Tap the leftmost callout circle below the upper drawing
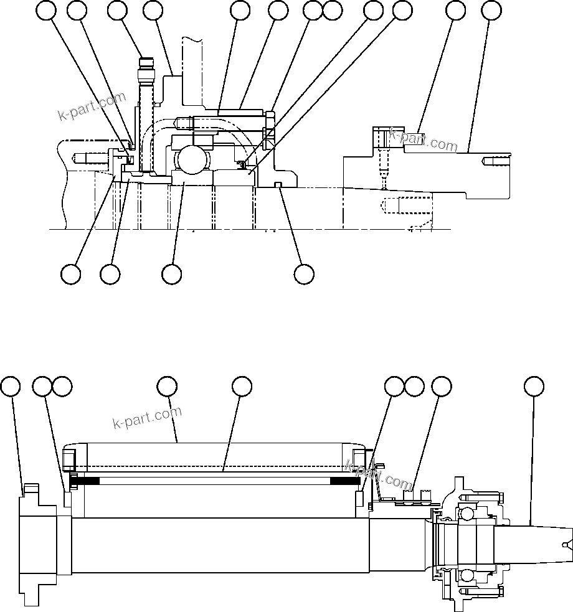[71, 274]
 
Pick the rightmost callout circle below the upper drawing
[304, 274]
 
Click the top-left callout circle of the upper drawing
[46, 10]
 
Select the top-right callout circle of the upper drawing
[491, 10]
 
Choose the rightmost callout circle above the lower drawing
[533, 387]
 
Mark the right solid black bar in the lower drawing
[344, 481]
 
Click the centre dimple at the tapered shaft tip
[565, 545]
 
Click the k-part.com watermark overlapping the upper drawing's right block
[424, 141]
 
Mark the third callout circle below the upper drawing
[172, 274]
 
